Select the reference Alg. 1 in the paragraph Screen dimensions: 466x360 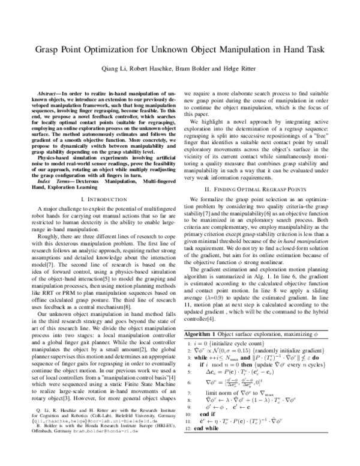pos(272,265)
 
